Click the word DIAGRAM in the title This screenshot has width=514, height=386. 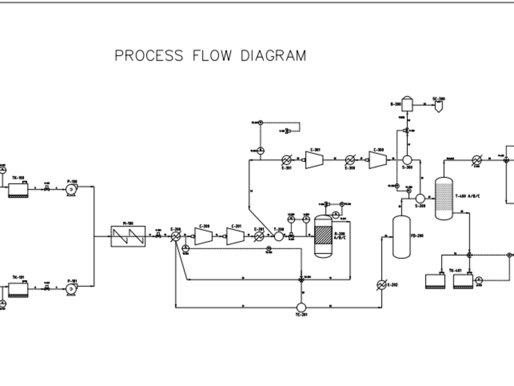click(x=273, y=56)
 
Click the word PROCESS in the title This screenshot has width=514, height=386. click(x=149, y=56)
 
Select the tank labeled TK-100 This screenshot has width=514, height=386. click(x=19, y=190)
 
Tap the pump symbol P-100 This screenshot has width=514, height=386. click(x=71, y=189)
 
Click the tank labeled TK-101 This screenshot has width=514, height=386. click(x=19, y=290)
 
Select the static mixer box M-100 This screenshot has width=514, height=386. click(x=128, y=237)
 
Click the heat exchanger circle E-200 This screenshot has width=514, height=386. click(x=176, y=236)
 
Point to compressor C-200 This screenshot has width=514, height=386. click(x=204, y=236)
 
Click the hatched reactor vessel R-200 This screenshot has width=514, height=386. click(x=323, y=236)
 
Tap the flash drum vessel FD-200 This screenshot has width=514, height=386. click(x=401, y=237)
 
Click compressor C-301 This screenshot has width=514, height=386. click(x=314, y=160)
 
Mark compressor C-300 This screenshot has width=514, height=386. click(x=378, y=160)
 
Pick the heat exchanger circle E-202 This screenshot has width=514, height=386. click(x=381, y=285)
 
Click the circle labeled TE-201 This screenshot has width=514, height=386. click(x=301, y=307)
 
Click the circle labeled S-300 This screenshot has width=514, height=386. click(x=408, y=160)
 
